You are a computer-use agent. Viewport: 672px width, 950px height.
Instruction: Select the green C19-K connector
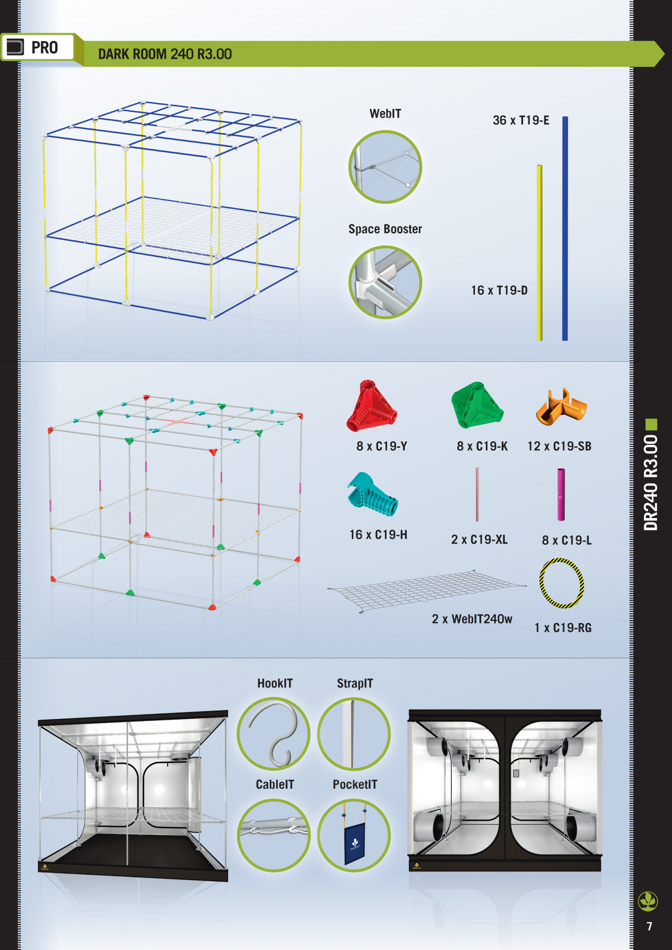point(477,405)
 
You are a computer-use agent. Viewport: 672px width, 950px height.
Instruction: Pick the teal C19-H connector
point(372,494)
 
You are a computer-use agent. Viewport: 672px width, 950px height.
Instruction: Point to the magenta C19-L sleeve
point(561,494)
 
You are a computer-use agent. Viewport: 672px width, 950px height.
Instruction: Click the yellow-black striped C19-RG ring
point(541,583)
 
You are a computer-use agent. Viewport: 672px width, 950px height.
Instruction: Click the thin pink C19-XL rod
point(477,494)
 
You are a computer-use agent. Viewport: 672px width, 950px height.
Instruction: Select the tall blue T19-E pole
point(565,229)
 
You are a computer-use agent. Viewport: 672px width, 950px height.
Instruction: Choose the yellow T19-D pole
point(540,253)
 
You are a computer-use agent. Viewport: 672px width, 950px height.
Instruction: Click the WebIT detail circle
point(385,167)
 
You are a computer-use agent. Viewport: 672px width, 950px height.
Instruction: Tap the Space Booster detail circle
point(385,283)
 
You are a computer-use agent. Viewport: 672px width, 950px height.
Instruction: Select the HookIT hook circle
point(274,734)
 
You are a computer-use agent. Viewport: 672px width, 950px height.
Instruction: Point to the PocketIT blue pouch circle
point(354,835)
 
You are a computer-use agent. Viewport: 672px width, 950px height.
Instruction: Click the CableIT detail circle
point(274,835)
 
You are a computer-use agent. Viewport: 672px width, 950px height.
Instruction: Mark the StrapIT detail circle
point(354,734)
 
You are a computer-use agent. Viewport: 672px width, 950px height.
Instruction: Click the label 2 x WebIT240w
point(472,619)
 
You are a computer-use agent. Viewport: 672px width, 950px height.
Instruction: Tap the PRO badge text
point(45,47)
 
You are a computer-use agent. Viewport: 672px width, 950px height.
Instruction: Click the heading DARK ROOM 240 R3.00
point(165,54)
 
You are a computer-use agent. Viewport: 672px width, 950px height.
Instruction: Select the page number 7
point(649,926)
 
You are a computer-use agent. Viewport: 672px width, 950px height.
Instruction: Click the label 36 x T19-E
point(521,120)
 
